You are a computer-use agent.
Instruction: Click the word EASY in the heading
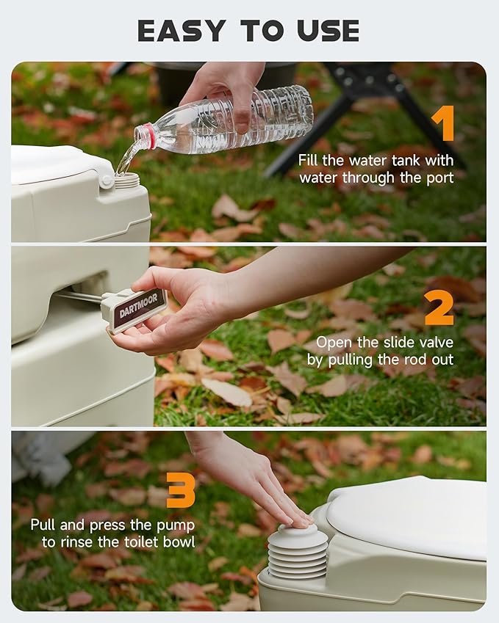coord(182,31)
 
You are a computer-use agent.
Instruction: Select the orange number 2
coord(439,308)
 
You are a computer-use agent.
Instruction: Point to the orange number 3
coord(181,489)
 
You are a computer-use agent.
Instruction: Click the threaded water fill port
coord(127,179)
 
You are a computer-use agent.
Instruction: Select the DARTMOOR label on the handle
coord(139,305)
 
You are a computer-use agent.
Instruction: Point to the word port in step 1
coord(440,178)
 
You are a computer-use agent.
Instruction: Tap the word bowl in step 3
coord(179,542)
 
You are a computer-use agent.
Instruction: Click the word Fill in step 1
coord(309,161)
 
